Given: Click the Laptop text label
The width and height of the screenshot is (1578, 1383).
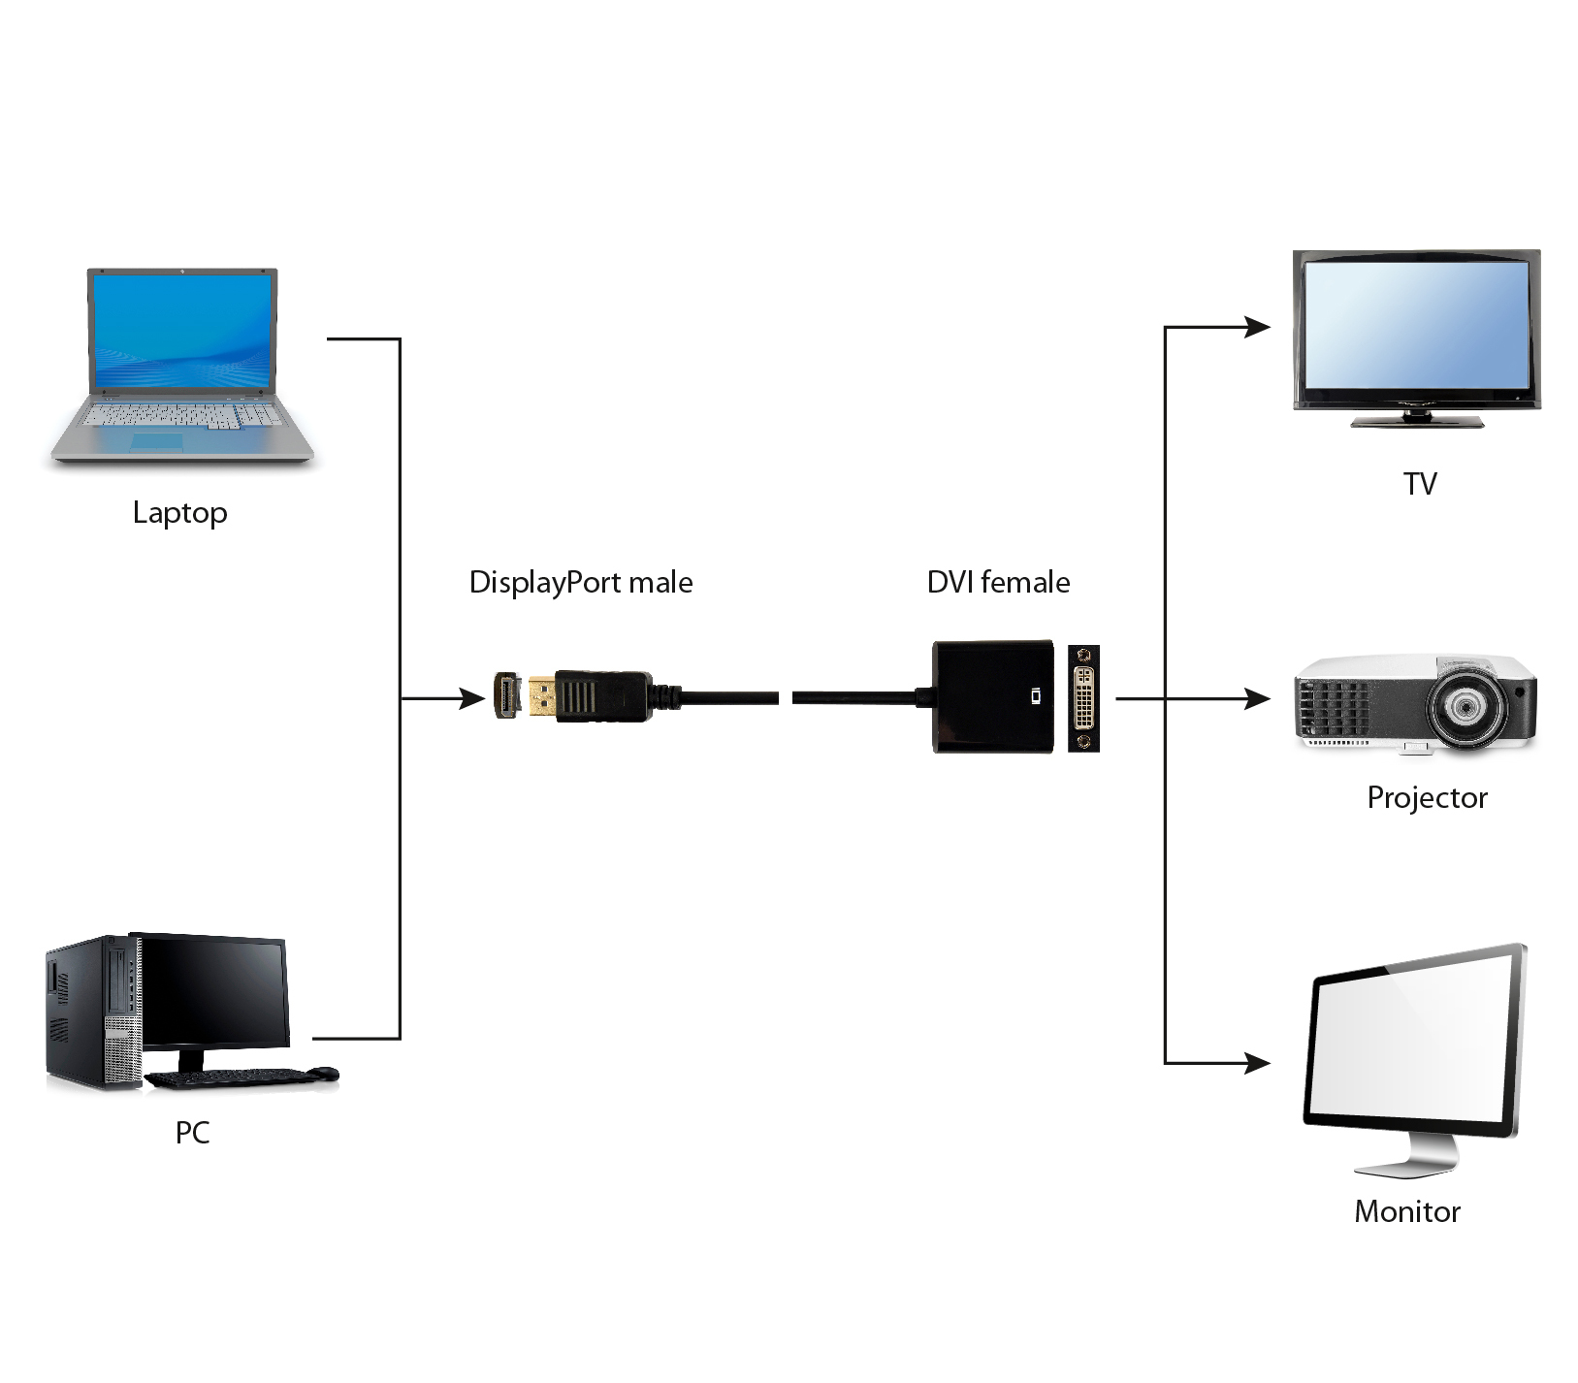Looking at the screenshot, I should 179,512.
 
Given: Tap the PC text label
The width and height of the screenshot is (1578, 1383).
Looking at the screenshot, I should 192,1132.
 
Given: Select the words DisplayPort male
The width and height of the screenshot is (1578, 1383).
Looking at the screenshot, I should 580,582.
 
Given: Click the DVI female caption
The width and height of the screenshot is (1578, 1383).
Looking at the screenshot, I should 998,582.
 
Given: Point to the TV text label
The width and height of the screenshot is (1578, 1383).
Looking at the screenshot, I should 1419,483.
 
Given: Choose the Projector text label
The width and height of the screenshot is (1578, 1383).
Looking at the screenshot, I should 1426,797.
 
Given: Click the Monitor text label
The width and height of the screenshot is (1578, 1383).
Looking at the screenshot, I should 1406,1211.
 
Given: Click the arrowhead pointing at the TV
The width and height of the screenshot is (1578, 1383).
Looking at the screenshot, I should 1258,327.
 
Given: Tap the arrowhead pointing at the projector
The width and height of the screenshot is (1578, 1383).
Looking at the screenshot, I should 1258,697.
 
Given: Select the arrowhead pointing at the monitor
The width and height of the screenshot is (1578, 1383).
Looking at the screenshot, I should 1258,1063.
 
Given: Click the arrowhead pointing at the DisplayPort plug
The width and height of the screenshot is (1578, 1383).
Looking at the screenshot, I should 472,697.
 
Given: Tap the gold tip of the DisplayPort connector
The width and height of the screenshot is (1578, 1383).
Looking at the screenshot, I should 542,696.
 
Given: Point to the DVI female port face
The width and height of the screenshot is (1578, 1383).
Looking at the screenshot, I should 1083,697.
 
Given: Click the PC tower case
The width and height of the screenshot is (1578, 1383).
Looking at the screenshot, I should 92,1013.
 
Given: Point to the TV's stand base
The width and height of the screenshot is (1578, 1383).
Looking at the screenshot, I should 1417,421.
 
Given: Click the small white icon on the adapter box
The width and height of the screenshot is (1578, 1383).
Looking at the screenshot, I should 1037,695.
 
